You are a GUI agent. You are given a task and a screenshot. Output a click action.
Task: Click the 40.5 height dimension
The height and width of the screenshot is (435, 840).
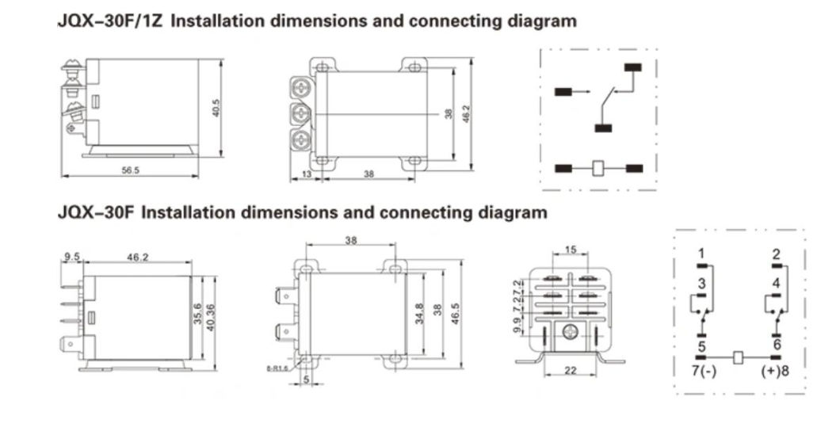[x=215, y=109]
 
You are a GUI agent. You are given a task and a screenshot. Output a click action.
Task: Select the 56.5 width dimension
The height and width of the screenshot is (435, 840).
[x=130, y=170]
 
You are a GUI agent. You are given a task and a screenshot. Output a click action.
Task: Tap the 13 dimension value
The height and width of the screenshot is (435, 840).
[x=306, y=174]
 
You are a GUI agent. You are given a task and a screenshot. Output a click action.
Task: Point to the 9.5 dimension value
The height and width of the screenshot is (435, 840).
[x=73, y=257]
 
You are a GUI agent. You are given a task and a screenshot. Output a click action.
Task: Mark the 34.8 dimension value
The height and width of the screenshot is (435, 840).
[x=419, y=313]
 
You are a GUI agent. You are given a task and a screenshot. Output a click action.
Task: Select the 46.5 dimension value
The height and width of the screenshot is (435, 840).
[x=455, y=313]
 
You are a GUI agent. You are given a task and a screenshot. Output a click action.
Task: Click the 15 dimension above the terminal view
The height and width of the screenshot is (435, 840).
[x=571, y=250]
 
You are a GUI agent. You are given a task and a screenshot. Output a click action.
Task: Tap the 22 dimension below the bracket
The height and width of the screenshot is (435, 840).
[x=571, y=371]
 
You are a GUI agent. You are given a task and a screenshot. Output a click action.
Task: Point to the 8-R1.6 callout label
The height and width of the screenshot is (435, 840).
[x=278, y=368]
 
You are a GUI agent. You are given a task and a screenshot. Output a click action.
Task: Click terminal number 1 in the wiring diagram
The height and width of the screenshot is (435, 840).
[x=701, y=254]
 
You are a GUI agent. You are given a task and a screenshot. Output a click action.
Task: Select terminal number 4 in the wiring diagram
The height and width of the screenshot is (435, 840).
[x=776, y=283]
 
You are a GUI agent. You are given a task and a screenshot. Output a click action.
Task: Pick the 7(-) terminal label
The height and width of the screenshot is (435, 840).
[x=703, y=371]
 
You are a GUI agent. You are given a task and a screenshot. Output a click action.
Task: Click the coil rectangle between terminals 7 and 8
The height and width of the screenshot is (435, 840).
[x=739, y=358]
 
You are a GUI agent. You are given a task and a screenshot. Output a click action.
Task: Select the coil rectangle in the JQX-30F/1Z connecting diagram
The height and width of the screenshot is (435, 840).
[x=599, y=167]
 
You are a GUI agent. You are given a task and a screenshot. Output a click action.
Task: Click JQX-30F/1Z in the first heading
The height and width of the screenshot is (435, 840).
[x=111, y=21]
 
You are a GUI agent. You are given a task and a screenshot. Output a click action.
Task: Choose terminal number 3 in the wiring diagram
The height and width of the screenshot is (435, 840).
[x=701, y=283]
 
